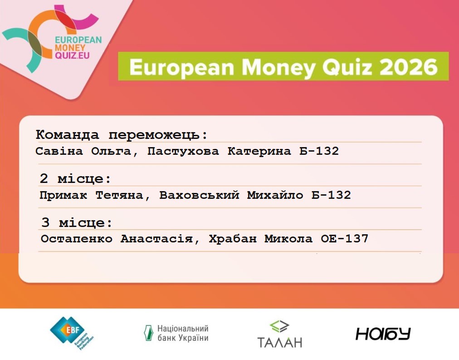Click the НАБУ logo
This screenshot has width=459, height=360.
pyautogui.click(x=383, y=334)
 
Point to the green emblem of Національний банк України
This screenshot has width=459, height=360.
pyautogui.click(x=148, y=333)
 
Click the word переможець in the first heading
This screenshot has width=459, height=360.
pyautogui.click(x=158, y=135)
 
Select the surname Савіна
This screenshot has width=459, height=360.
pyautogui.click(x=59, y=151)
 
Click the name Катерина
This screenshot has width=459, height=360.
pyautogui.click(x=259, y=151)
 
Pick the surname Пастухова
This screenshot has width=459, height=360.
pyautogui.click(x=183, y=151)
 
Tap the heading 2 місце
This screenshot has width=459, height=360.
pyautogui.click(x=75, y=178)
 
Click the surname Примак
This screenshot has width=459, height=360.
pyautogui.click(x=63, y=195)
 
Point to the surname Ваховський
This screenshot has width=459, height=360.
pyautogui.click(x=200, y=195)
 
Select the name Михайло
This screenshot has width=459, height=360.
pyautogui.click(x=275, y=195)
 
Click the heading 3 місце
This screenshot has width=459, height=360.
pyautogui.click(x=77, y=222)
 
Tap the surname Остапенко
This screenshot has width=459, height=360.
pyautogui.click(x=77, y=239)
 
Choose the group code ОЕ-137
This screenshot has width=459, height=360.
pyautogui.click(x=345, y=239)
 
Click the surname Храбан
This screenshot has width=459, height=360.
pyautogui.click(x=233, y=239)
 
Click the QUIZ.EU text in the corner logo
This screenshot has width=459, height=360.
pyautogui.click(x=72, y=55)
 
